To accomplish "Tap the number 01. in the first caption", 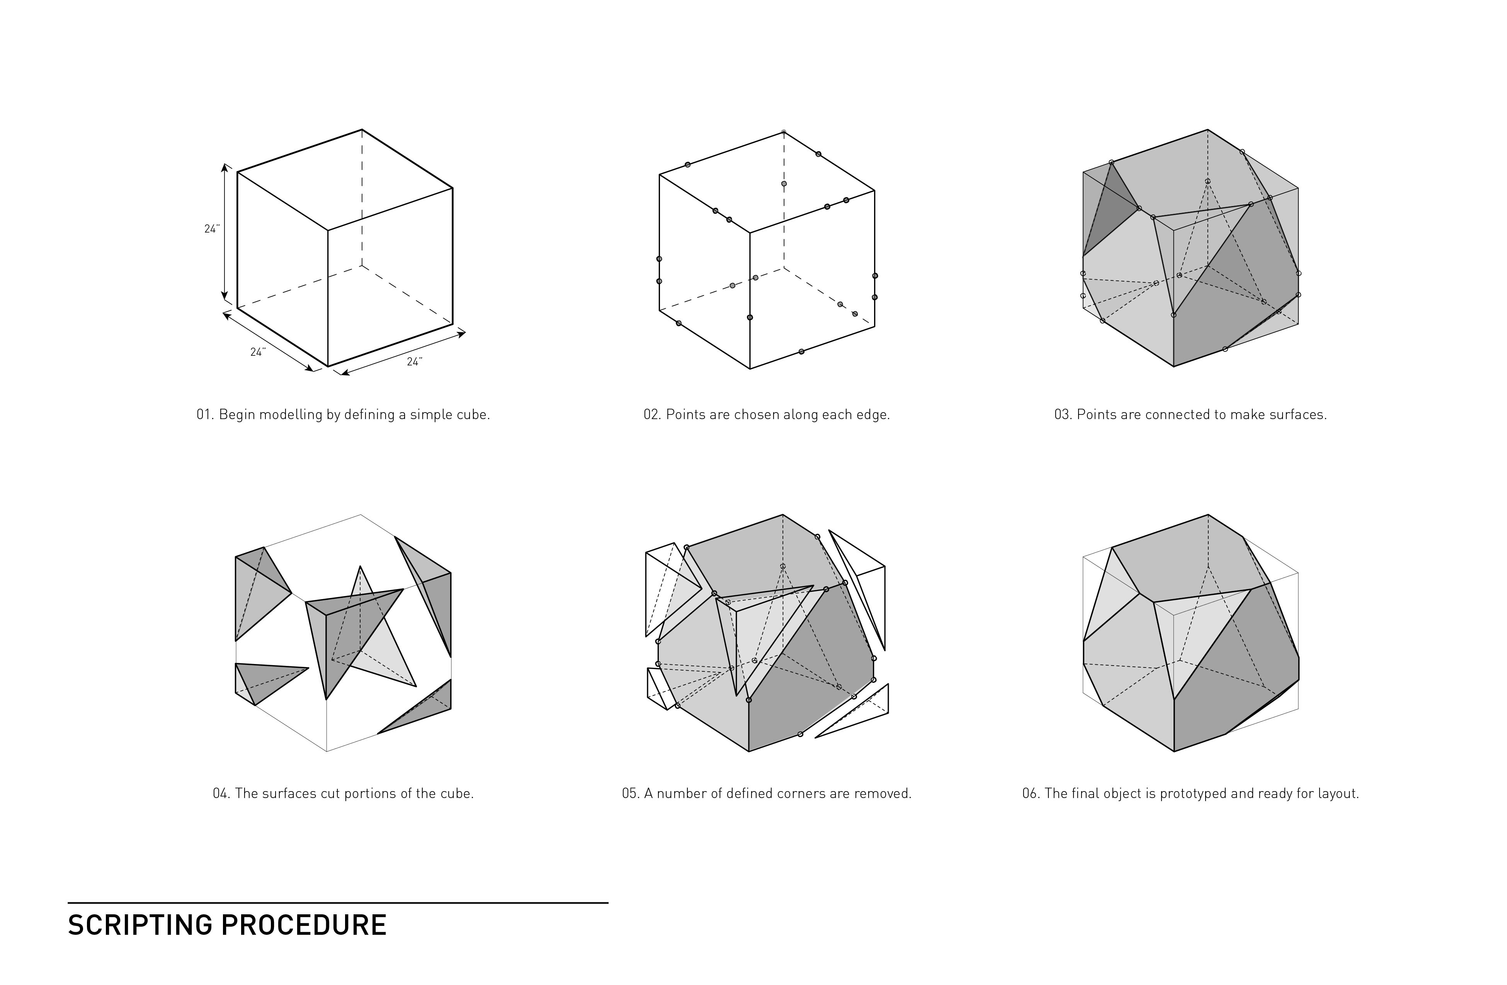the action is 205,414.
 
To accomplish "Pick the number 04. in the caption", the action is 222,793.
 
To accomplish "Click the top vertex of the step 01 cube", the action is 362,130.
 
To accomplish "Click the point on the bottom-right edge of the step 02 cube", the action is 801,352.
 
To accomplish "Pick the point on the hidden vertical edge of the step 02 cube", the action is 784,183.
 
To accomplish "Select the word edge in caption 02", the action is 874,414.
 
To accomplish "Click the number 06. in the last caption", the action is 1031,793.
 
